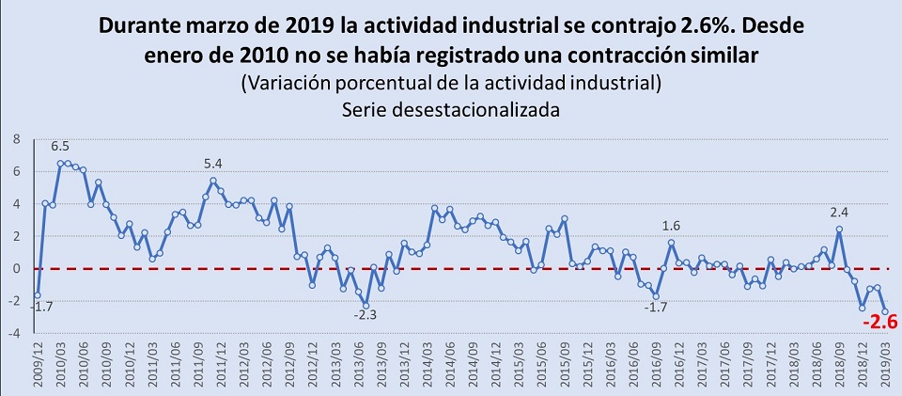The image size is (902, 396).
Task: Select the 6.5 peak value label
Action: [60, 147]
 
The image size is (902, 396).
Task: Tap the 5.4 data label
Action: [214, 165]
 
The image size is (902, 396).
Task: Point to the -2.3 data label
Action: [366, 315]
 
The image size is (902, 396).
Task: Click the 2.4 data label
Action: [837, 213]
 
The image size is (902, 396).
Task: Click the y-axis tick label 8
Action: [15, 138]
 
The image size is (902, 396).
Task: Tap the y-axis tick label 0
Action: [15, 268]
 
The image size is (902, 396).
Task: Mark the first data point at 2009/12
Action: [38, 295]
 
